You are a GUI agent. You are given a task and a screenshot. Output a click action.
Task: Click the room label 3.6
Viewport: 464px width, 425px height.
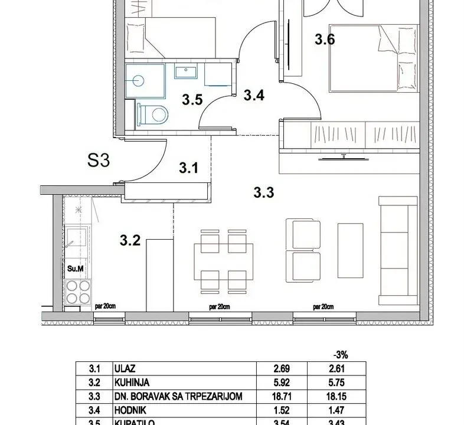click(325, 40)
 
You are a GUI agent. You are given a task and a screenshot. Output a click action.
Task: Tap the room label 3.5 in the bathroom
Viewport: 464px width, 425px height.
click(192, 100)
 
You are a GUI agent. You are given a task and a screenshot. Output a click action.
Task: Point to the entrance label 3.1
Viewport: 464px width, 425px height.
click(188, 168)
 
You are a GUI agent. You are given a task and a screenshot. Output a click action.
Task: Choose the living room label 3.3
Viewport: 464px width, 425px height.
click(263, 191)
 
